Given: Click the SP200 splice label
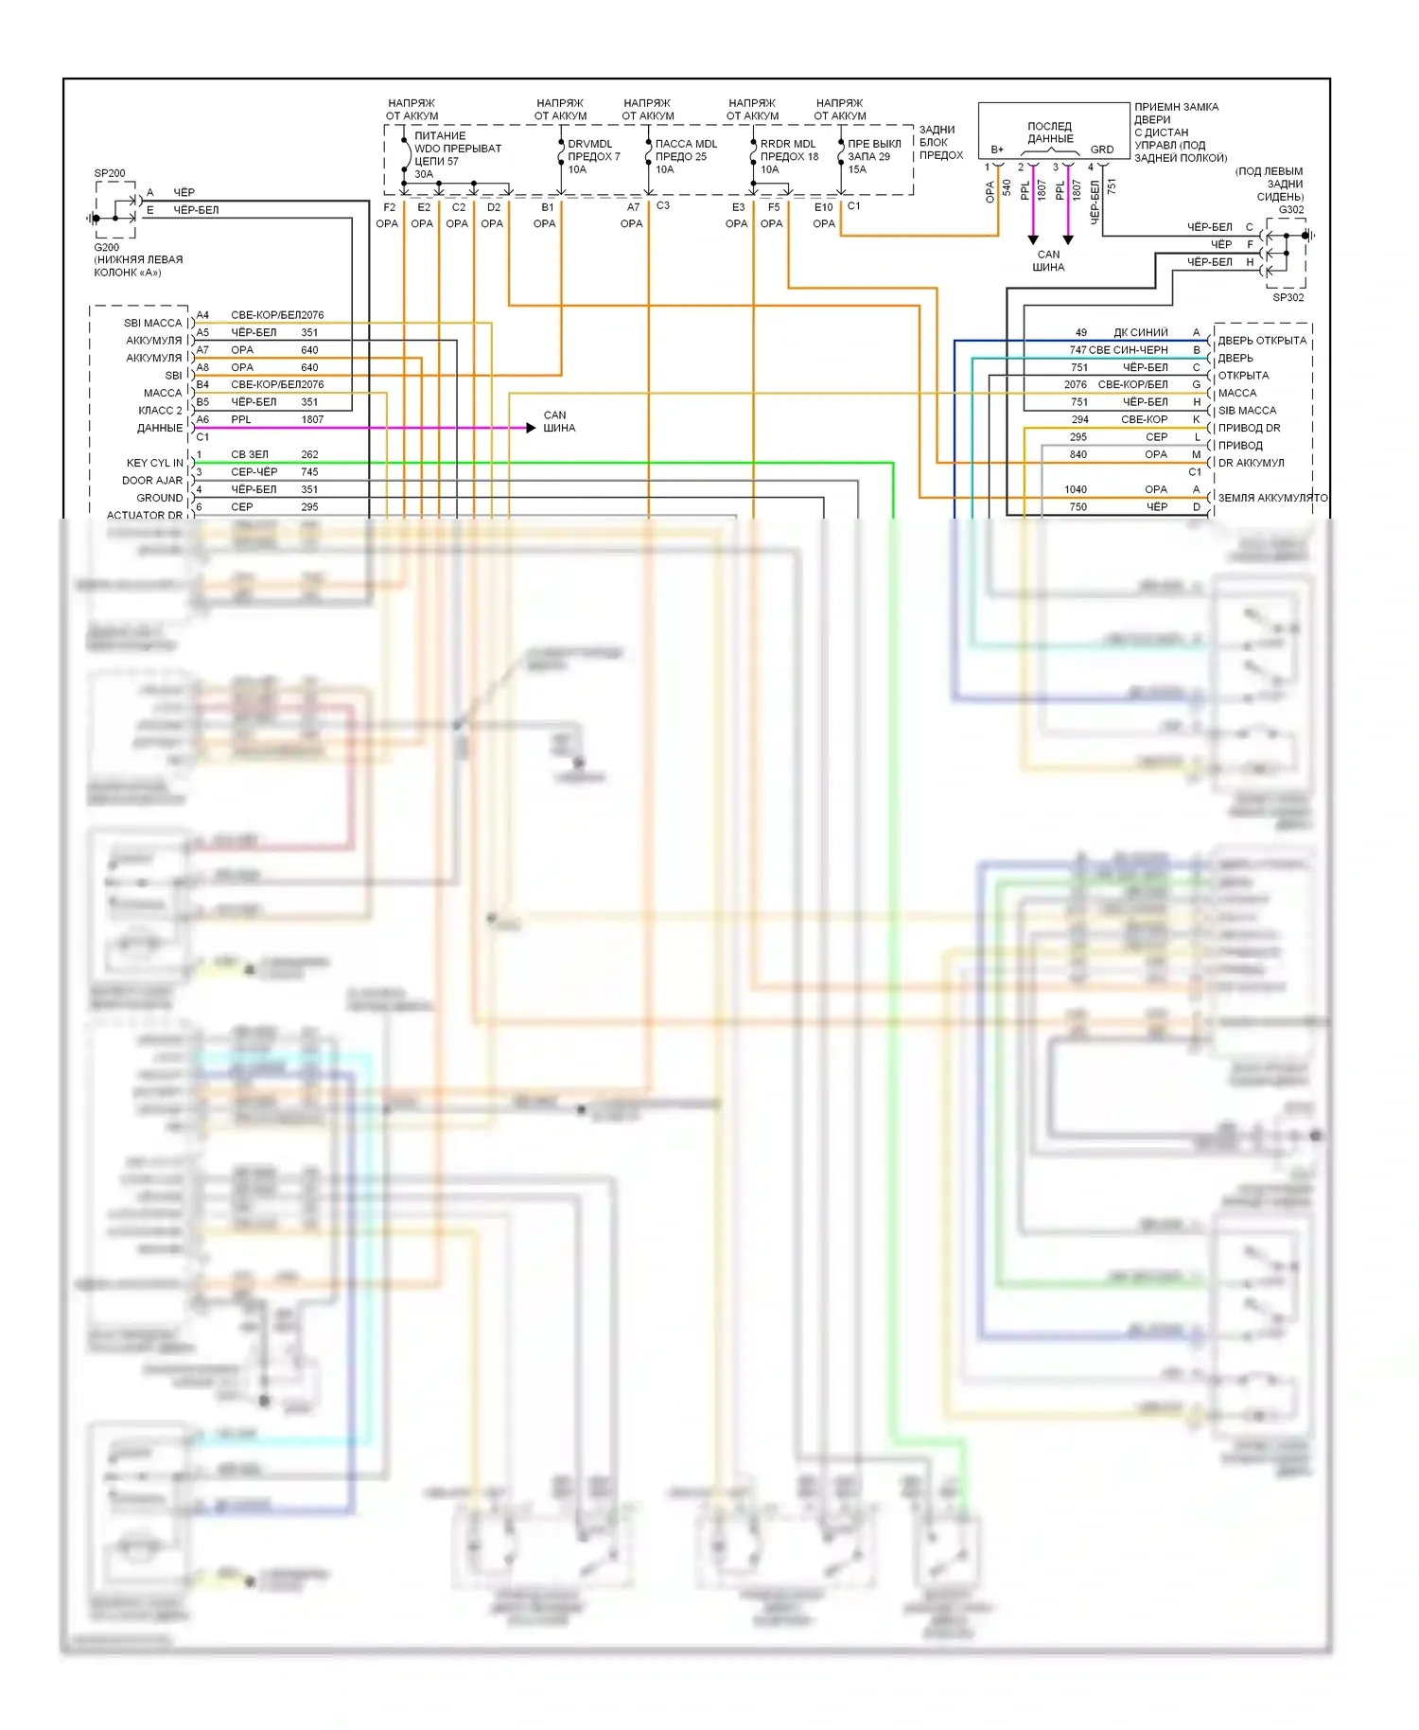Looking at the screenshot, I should click(x=110, y=173).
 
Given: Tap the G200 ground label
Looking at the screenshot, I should click(x=106, y=247).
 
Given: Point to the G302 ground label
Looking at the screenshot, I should click(x=1291, y=210).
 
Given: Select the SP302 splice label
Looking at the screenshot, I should click(x=1288, y=297).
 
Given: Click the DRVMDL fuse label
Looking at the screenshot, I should click(x=589, y=144).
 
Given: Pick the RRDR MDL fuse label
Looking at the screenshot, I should click(x=787, y=144).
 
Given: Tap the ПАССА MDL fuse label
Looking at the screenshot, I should click(x=686, y=144).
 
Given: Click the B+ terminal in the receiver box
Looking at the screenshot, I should click(x=997, y=150).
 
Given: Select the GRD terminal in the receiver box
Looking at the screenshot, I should click(x=1102, y=150).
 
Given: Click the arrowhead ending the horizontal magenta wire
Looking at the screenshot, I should click(x=531, y=428).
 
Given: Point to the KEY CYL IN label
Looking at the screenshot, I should click(x=155, y=463).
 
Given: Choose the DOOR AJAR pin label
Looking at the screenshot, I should click(x=152, y=481).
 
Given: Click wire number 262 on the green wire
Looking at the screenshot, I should click(x=309, y=454).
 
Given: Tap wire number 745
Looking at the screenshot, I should click(x=309, y=472).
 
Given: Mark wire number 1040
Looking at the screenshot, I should click(x=1076, y=489).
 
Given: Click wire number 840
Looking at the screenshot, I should click(x=1078, y=454).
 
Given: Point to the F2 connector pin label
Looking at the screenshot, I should click(x=389, y=207).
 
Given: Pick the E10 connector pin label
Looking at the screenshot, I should click(x=823, y=207).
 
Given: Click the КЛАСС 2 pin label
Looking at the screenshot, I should click(x=160, y=411).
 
